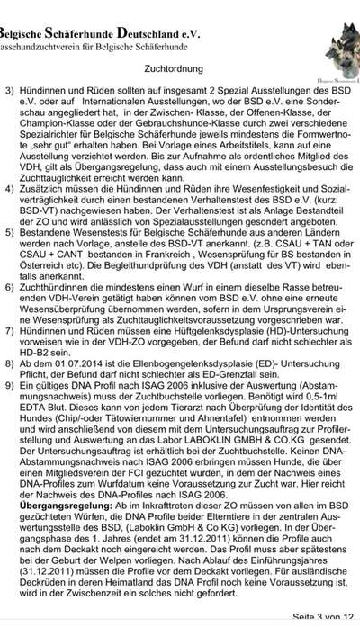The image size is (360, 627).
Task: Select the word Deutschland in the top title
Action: click(x=150, y=7)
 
